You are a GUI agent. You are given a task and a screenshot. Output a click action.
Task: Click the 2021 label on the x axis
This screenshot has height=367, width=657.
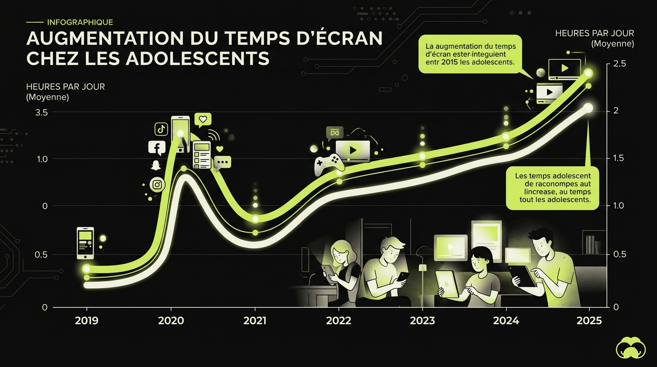(x=254, y=321)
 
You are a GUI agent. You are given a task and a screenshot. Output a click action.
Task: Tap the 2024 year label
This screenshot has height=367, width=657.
(x=506, y=321)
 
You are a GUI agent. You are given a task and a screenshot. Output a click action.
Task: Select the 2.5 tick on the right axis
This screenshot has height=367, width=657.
(x=619, y=64)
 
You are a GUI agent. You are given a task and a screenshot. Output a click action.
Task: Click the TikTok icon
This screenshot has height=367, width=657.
(x=161, y=129)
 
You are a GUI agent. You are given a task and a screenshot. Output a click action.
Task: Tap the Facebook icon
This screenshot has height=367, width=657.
(x=157, y=148)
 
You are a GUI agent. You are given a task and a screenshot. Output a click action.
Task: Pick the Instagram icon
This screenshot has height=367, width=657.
(x=157, y=184)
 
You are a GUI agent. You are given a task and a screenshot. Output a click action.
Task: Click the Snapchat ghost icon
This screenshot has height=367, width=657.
(x=156, y=166)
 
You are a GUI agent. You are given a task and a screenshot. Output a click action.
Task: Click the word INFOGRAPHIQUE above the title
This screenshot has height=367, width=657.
(x=80, y=22)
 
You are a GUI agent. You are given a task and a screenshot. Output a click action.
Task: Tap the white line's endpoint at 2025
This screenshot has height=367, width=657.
(x=588, y=108)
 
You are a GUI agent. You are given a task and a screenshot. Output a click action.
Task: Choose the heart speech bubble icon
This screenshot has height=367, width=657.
(x=203, y=119)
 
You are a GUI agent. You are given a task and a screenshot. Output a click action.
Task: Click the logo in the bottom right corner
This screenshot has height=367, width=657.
(x=631, y=347)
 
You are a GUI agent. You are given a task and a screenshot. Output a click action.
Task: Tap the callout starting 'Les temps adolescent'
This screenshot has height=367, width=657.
(x=552, y=188)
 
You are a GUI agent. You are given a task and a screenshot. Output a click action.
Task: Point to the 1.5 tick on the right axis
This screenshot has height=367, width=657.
(x=619, y=159)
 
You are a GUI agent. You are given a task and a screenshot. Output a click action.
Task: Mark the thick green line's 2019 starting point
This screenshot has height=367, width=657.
(x=86, y=269)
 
